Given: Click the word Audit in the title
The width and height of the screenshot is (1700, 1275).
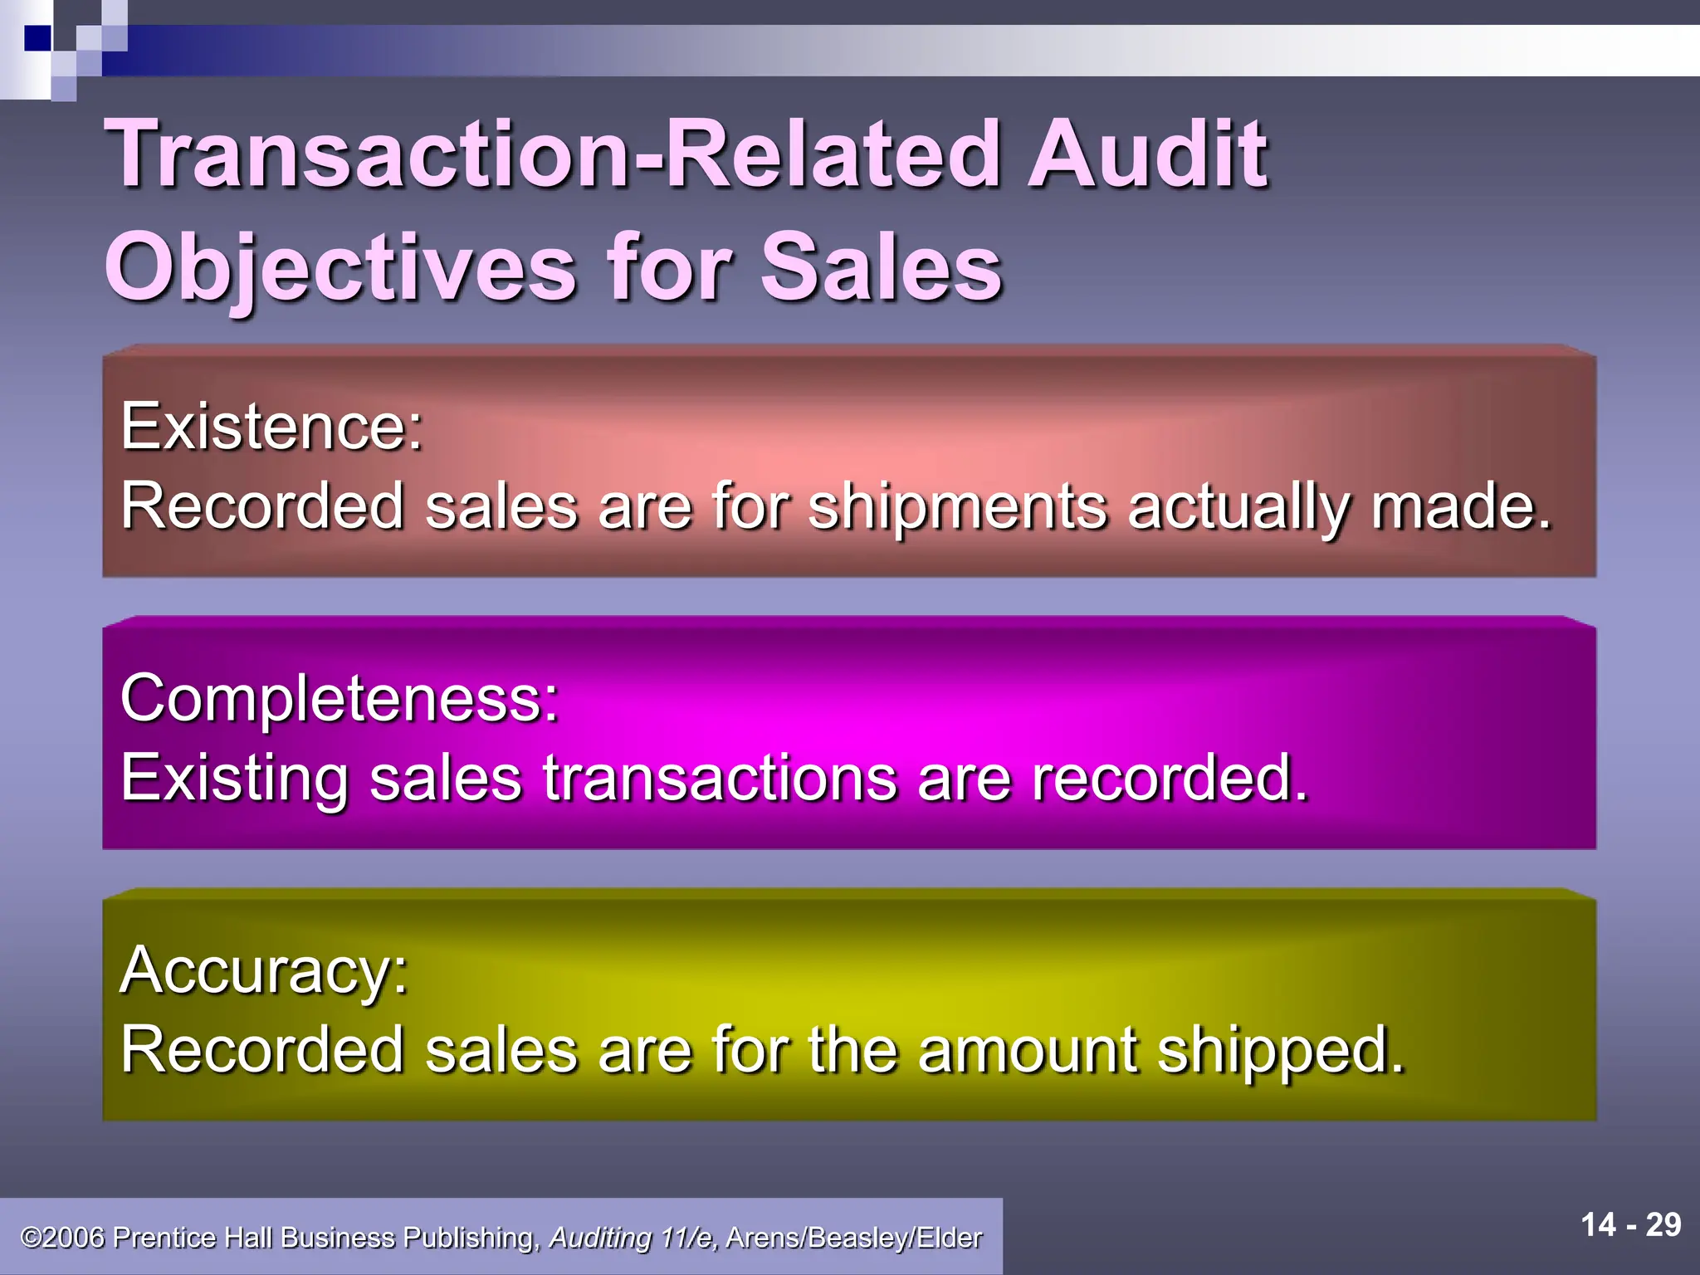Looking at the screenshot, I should click(1147, 154).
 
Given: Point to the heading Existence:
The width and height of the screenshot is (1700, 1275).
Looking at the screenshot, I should click(272, 427).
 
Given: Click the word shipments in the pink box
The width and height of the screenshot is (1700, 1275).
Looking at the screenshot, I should click(957, 506).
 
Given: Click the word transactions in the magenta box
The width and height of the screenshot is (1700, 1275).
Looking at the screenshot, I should click(720, 779).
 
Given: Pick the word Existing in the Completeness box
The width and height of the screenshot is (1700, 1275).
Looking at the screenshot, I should click(234, 779).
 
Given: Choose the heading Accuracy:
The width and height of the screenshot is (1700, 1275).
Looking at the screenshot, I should click(265, 970).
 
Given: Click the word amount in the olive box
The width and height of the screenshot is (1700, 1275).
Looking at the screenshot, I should click(1027, 1050).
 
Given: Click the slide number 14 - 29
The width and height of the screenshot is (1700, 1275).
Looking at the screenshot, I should click(1630, 1224).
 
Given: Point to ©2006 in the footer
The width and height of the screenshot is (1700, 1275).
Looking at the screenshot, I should click(62, 1238).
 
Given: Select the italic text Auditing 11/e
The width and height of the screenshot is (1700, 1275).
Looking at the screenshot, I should click(633, 1238).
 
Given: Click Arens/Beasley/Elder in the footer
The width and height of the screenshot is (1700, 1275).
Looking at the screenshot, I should click(854, 1238).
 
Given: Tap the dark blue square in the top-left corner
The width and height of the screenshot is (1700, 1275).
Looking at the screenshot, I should click(37, 38).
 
